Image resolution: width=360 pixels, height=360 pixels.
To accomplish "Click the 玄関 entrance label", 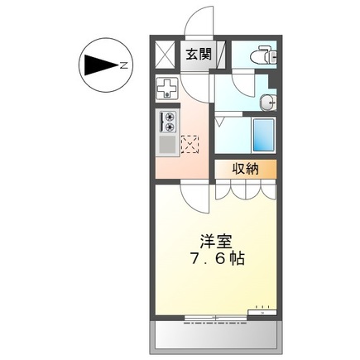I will tap(197, 56).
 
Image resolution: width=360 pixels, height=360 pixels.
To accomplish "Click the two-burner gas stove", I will tap(167, 123).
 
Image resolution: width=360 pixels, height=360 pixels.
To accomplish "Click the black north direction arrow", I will tap(102, 64).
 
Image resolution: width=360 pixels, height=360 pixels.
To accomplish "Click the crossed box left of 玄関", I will tap(166, 56).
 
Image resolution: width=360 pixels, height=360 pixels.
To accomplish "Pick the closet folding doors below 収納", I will tap(246, 191).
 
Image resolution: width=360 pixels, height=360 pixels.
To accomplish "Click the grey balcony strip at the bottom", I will tap(215, 336).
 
